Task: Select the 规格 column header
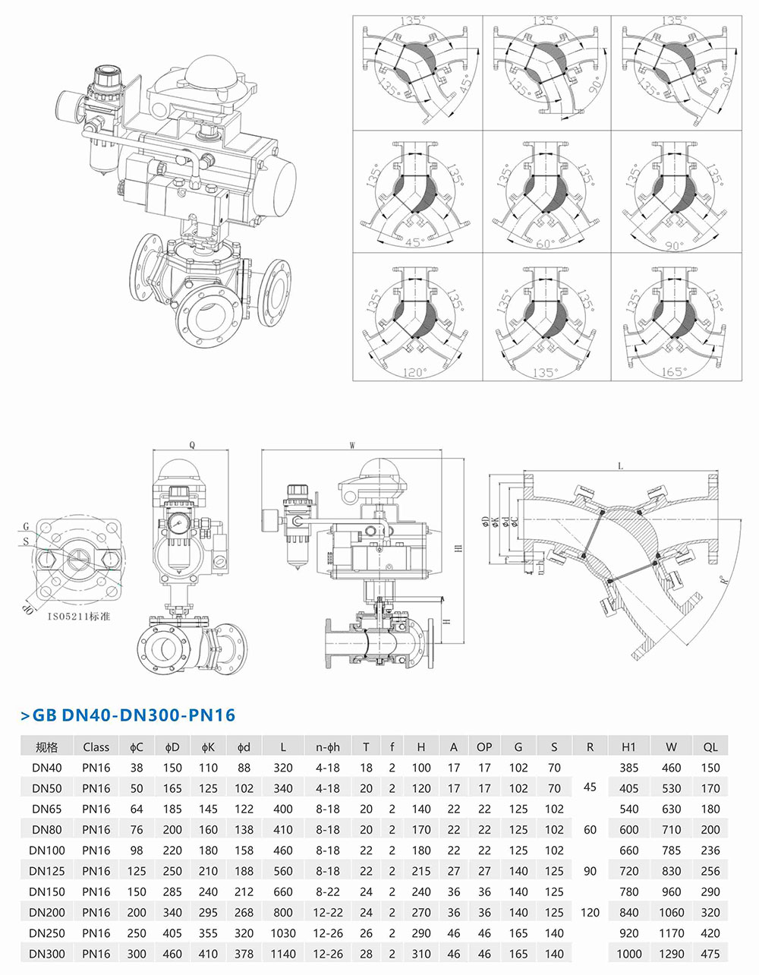coord(47,747)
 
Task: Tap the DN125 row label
coord(47,871)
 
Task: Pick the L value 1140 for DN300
coord(283,954)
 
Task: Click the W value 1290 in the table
coord(672,954)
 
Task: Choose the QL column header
coord(710,747)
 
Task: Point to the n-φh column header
coord(328,747)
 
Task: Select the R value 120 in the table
coord(590,912)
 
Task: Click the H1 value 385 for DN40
coord(629,768)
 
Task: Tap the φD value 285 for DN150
coord(172,891)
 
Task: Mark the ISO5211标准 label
coord(78,617)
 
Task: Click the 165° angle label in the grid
coord(673,372)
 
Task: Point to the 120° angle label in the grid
coord(414,372)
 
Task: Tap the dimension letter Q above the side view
coord(192,446)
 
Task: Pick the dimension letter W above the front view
coord(352,446)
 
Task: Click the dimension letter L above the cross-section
coord(620,465)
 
